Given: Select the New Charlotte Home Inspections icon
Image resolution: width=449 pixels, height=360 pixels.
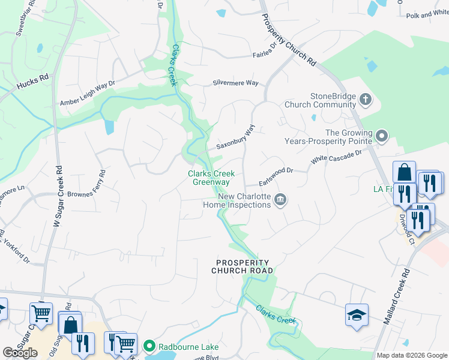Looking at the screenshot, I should click(280, 200).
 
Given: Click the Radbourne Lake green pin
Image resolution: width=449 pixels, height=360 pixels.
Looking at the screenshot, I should click(149, 346).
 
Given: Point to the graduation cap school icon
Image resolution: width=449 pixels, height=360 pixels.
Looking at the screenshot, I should click(357, 315).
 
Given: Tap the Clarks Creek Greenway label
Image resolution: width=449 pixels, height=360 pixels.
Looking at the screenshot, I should click(209, 178).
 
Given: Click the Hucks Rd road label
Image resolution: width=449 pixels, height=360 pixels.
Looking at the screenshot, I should click(32, 85).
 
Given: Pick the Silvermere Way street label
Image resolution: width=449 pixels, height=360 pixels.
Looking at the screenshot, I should click(235, 83).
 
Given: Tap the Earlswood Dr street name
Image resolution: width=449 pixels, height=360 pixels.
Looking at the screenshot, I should click(276, 172).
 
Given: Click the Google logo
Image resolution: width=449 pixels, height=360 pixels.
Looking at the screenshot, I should click(20, 352).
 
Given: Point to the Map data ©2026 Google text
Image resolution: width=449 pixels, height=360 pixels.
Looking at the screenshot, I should click(412, 355).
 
